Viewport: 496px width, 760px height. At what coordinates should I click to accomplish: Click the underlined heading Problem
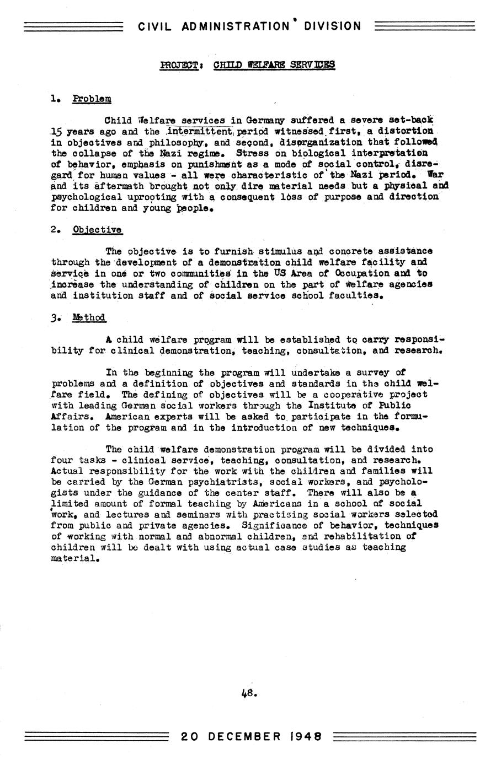click(92, 99)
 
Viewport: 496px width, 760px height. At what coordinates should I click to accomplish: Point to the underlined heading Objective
click(97, 230)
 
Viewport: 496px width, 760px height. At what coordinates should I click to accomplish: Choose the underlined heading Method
click(89, 317)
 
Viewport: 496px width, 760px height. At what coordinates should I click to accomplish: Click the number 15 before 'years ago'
click(57, 132)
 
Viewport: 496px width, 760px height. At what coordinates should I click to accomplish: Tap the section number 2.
click(54, 230)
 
